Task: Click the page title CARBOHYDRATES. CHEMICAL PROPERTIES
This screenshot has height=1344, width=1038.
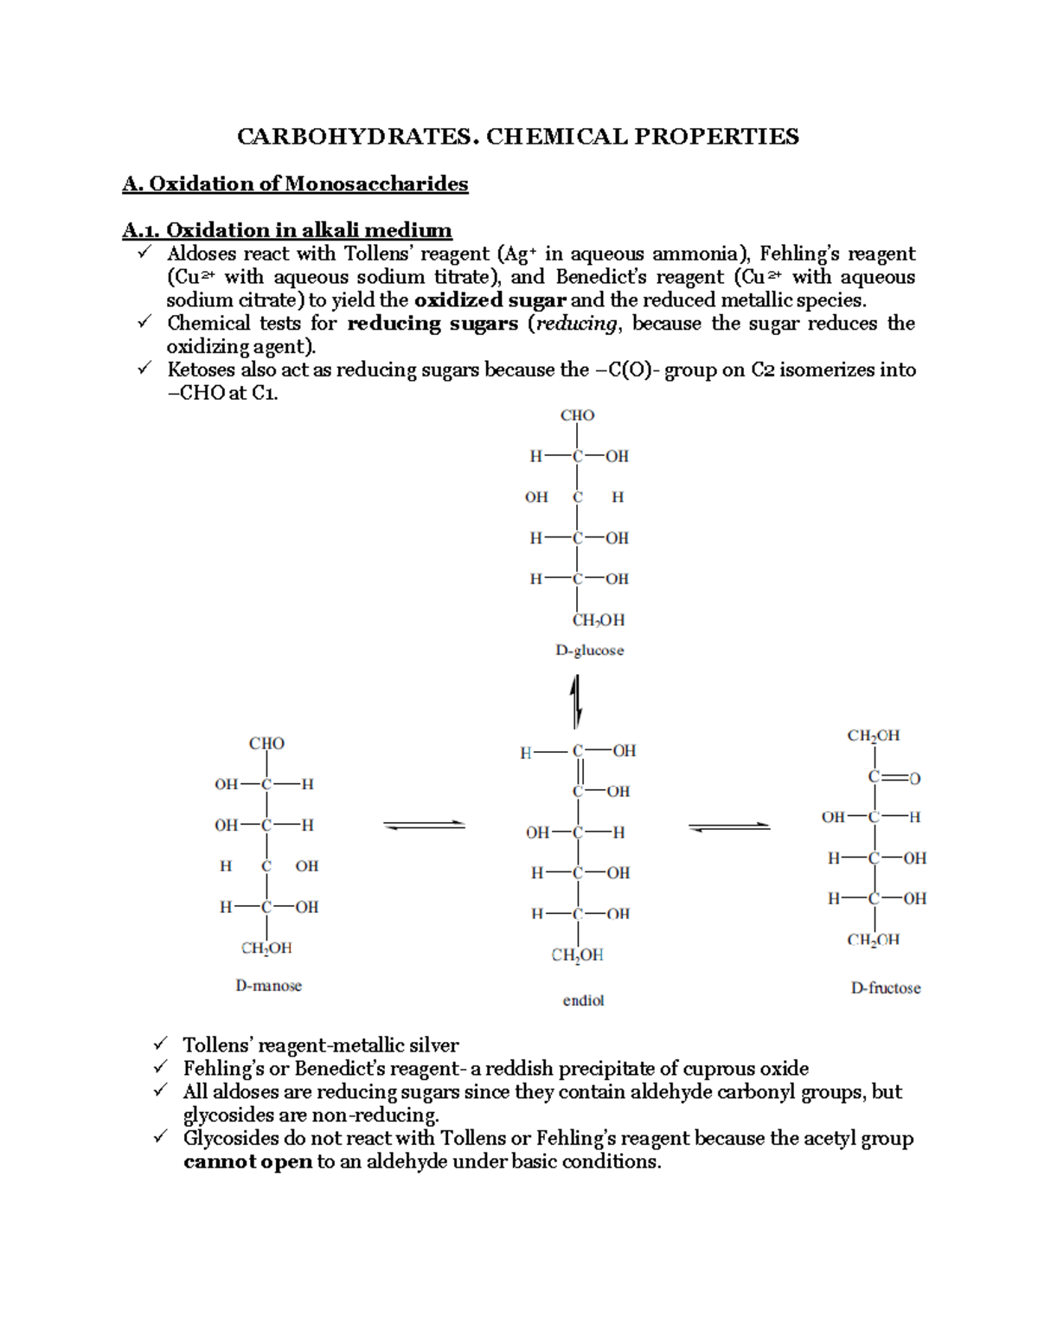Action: click(518, 137)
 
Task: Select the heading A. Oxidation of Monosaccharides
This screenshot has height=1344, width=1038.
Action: click(295, 183)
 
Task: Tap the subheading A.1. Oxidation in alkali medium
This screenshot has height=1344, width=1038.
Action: click(287, 230)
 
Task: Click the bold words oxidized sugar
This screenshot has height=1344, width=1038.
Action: click(490, 300)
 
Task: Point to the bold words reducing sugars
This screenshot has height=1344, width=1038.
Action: click(432, 324)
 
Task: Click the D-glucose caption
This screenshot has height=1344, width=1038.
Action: click(589, 650)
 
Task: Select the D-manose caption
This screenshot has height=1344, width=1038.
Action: click(268, 986)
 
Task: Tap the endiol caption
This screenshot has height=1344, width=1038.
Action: click(583, 1000)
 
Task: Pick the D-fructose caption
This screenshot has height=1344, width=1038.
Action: click(886, 987)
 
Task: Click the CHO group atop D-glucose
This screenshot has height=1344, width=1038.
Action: click(577, 415)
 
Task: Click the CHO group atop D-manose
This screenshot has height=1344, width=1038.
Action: click(266, 743)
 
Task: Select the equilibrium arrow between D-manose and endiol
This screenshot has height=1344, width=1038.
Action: click(424, 826)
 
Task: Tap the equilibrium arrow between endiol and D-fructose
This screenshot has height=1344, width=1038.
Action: click(729, 827)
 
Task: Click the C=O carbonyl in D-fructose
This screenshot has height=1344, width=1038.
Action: click(894, 778)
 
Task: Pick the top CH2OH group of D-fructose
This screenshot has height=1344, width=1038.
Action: click(873, 736)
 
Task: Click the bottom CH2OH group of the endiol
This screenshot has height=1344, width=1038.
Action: click(577, 955)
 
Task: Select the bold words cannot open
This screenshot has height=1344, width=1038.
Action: click(247, 1161)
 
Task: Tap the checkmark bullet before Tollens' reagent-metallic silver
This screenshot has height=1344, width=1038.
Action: click(160, 1045)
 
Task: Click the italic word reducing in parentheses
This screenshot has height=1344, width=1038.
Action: click(577, 324)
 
